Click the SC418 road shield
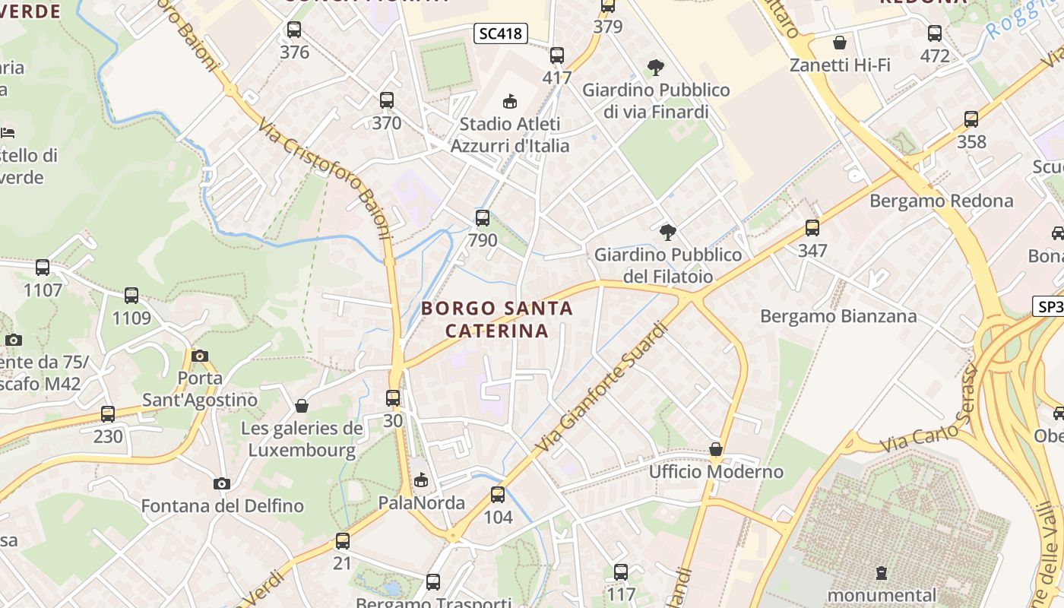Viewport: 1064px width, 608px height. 501,33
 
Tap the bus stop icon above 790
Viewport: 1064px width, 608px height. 483,219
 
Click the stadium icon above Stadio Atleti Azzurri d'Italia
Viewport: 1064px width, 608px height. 509,101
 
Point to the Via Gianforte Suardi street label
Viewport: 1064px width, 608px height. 602,387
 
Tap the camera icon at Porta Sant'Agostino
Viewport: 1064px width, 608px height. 200,356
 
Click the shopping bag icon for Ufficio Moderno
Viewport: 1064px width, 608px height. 715,449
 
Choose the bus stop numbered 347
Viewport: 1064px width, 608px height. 812,228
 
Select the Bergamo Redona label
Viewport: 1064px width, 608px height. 941,201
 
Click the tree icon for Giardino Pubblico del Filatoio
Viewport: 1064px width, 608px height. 668,232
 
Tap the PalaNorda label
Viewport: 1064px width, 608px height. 422,503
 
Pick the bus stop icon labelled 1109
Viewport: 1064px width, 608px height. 131,296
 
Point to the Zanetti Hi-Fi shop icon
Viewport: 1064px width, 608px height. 840,43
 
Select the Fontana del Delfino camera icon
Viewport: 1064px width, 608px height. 222,483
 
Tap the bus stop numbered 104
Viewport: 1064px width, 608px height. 498,495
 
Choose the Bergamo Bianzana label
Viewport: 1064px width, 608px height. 838,316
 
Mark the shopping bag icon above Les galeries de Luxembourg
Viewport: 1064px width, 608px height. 302,406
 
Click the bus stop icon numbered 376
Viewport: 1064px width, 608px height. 294,30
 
